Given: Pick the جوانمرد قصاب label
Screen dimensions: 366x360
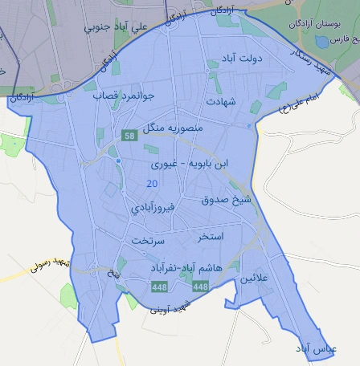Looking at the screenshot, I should (122, 95).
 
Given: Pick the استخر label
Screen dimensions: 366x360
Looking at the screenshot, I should (210, 238).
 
